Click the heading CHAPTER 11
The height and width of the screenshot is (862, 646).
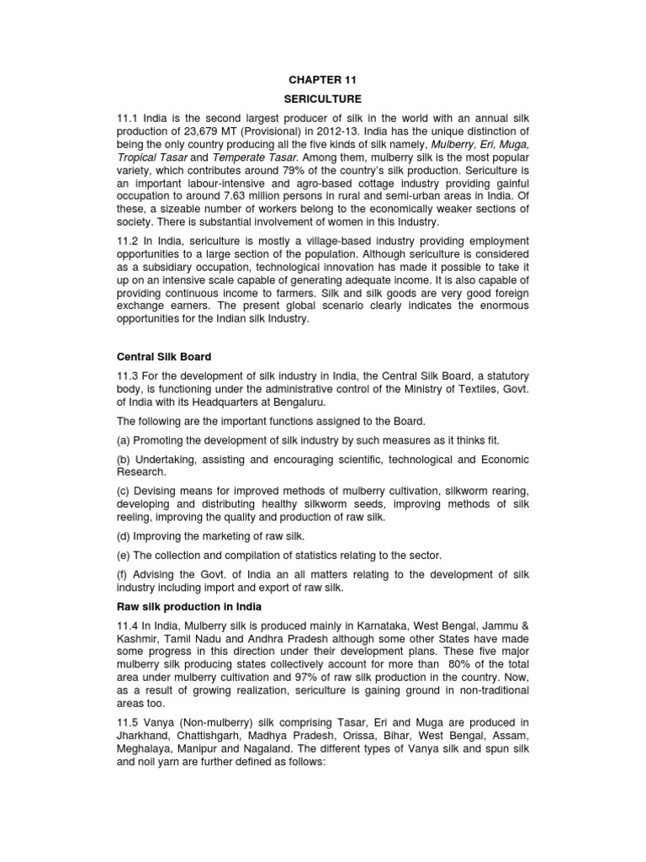pos(323,80)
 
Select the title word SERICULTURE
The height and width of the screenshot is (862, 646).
pos(323,98)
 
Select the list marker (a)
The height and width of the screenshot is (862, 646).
pos(124,440)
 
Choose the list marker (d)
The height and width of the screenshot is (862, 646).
pos(124,535)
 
